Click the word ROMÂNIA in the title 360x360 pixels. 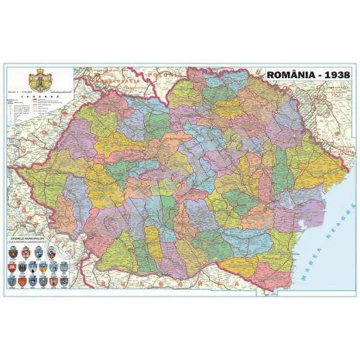289,76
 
